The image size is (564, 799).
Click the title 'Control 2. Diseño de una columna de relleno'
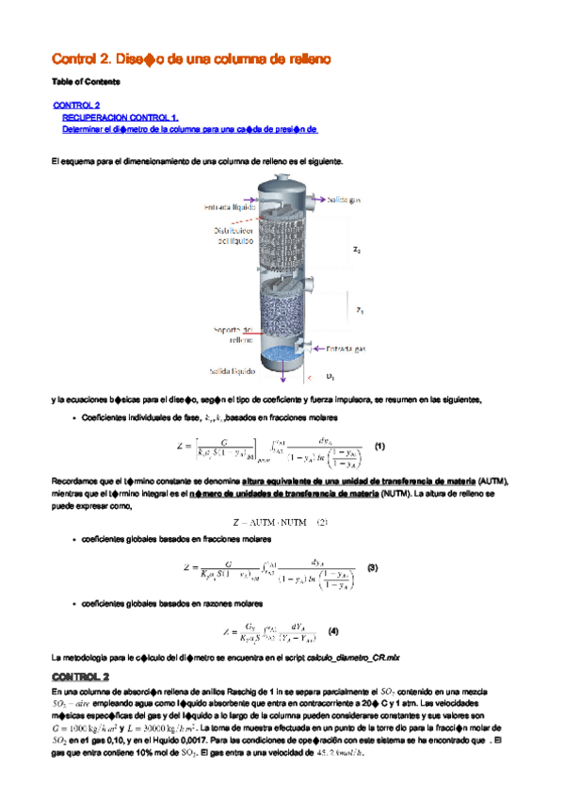[x=190, y=59]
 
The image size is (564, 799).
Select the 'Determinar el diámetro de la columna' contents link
[x=189, y=128]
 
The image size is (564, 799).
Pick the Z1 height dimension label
[x=359, y=309]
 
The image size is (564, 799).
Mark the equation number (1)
[x=379, y=445]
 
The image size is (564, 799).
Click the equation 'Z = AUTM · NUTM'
[x=280, y=523]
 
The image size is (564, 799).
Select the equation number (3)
[x=372, y=568]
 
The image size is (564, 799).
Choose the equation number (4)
[x=331, y=630]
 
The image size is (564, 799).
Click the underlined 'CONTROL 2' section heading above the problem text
[x=81, y=677]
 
